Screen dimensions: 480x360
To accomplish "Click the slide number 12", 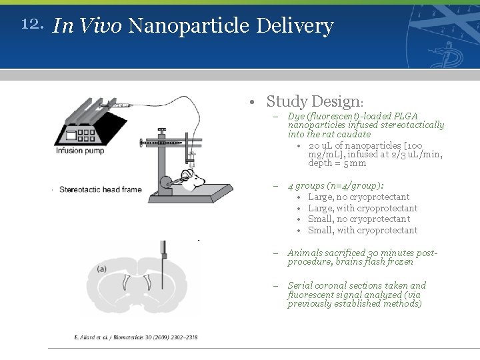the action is click(x=32, y=25).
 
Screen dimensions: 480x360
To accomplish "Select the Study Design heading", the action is click(x=314, y=102).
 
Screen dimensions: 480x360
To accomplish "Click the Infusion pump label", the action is click(x=79, y=151).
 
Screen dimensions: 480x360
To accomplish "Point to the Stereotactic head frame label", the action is click(x=101, y=189).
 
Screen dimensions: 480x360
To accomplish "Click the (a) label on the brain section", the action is click(x=101, y=269).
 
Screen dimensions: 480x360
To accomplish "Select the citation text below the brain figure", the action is click(x=135, y=337).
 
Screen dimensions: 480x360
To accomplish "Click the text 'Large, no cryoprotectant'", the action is click(x=359, y=197).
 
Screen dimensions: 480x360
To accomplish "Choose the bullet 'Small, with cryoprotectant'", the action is click(x=363, y=231).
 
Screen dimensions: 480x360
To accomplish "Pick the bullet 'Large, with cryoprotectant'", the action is click(x=363, y=209).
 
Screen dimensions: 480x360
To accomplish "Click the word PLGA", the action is click(x=405, y=116).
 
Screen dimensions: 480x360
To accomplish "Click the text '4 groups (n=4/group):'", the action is click(x=335, y=186).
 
